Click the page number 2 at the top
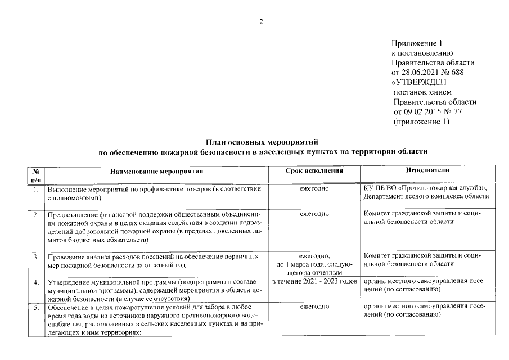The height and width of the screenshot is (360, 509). point(261,22)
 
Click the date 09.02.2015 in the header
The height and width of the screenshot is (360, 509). point(422,112)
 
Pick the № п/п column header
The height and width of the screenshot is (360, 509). point(35,174)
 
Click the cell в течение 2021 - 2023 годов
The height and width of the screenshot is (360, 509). point(314,281)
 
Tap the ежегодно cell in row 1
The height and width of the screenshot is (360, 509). point(314,188)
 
